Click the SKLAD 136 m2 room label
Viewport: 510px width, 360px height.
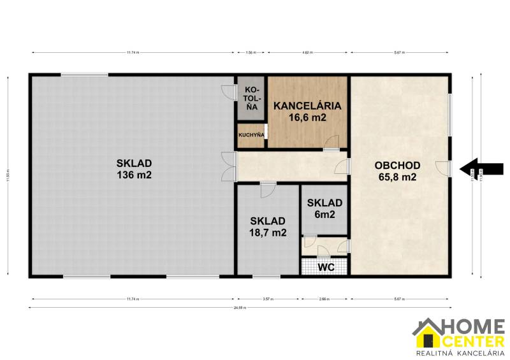click(x=134, y=169)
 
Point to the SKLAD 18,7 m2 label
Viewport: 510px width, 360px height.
click(x=268, y=226)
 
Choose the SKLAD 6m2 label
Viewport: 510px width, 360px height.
click(x=324, y=208)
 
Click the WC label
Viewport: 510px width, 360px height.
click(x=326, y=267)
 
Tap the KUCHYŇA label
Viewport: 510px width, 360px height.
click(x=251, y=135)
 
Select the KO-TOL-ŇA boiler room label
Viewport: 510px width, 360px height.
click(x=252, y=98)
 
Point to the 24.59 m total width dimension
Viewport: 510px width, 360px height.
click(x=242, y=308)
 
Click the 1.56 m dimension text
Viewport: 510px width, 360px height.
click(x=251, y=52)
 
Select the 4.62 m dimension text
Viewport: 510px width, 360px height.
click(x=307, y=52)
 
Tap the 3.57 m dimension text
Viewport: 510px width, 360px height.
click(x=268, y=298)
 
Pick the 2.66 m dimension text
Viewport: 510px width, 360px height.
click(x=324, y=298)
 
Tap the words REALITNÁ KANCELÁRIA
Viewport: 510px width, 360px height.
click(x=460, y=352)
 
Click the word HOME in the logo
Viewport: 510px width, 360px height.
click(x=475, y=326)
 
